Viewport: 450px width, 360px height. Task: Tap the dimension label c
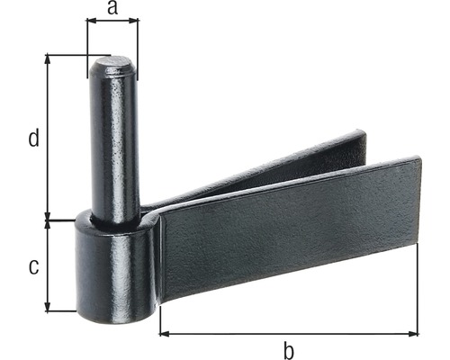[33, 266]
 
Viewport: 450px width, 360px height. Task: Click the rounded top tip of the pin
[113, 64]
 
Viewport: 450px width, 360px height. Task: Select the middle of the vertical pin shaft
[114, 144]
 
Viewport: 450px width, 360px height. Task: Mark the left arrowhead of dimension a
[90, 24]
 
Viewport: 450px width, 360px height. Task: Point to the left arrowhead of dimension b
[165, 333]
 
